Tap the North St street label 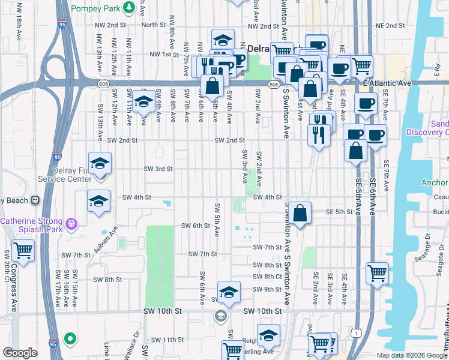(x=153, y=25)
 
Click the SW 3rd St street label (x=158, y=169)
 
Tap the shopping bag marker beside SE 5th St (x=300, y=212)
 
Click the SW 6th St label (x=196, y=226)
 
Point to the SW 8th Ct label (x=267, y=276)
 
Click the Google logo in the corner (x=20, y=353)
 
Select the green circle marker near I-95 (x=70, y=339)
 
